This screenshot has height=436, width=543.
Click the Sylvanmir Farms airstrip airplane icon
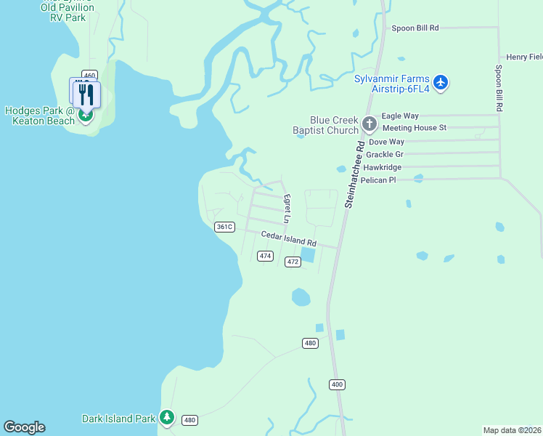[441, 82]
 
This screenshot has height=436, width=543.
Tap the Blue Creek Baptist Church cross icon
[369, 124]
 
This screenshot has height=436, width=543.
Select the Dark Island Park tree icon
[168, 418]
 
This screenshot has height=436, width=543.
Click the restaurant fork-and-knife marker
[86, 94]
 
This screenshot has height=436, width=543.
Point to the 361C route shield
[224, 227]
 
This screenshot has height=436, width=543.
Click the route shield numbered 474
[265, 256]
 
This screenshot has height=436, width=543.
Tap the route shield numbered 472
[293, 262]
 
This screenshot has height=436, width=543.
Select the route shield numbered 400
[336, 384]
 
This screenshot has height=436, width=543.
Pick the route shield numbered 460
[89, 75]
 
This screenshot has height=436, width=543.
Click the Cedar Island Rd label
[289, 238]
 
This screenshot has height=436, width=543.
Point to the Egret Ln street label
[287, 209]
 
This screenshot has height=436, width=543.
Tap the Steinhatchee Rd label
[354, 174]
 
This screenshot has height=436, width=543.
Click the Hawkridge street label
[383, 167]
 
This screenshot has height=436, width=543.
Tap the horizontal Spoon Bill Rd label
[415, 28]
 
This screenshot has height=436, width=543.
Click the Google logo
[24, 427]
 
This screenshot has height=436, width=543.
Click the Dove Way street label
[386, 142]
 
